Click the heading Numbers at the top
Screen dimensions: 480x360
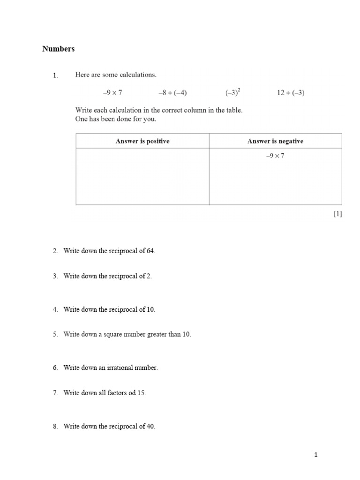click(58, 49)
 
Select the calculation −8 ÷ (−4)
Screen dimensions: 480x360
click(172, 93)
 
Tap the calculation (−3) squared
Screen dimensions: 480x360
click(233, 92)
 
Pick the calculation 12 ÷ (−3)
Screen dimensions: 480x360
click(291, 93)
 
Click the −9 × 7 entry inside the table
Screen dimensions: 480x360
click(275, 156)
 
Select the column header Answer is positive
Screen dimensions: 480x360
click(142, 141)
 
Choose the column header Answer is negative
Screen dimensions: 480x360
click(275, 141)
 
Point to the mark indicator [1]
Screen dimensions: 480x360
click(338, 214)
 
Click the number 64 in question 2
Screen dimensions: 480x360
click(150, 251)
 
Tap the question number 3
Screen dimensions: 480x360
click(55, 276)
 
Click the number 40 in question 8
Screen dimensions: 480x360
click(150, 427)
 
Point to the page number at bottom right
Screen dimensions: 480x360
click(316, 454)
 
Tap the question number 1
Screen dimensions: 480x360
click(55, 75)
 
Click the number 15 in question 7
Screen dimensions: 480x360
click(142, 393)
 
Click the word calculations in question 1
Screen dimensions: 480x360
click(137, 75)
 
